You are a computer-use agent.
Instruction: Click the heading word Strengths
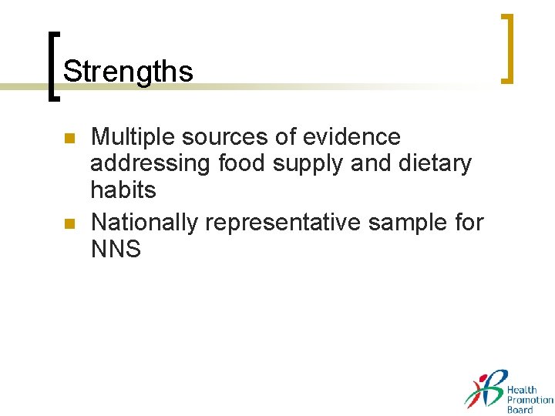pyautogui.click(x=128, y=72)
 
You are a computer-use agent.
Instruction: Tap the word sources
pyautogui.click(x=218, y=137)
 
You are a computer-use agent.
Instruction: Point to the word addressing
pyautogui.click(x=151, y=164)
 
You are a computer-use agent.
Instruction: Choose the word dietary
pyautogui.click(x=436, y=164)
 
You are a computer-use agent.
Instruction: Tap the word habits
pyautogui.click(x=123, y=190)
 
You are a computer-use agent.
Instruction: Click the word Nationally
pyautogui.click(x=145, y=223)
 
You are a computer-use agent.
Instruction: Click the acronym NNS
pyautogui.click(x=116, y=250)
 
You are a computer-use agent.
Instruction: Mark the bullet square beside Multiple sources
pyautogui.click(x=68, y=139)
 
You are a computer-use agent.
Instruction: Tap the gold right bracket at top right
pyautogui.click(x=507, y=48)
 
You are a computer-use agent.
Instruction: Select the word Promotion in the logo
pyautogui.click(x=530, y=400)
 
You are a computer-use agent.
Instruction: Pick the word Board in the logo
pyautogui.click(x=520, y=410)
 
